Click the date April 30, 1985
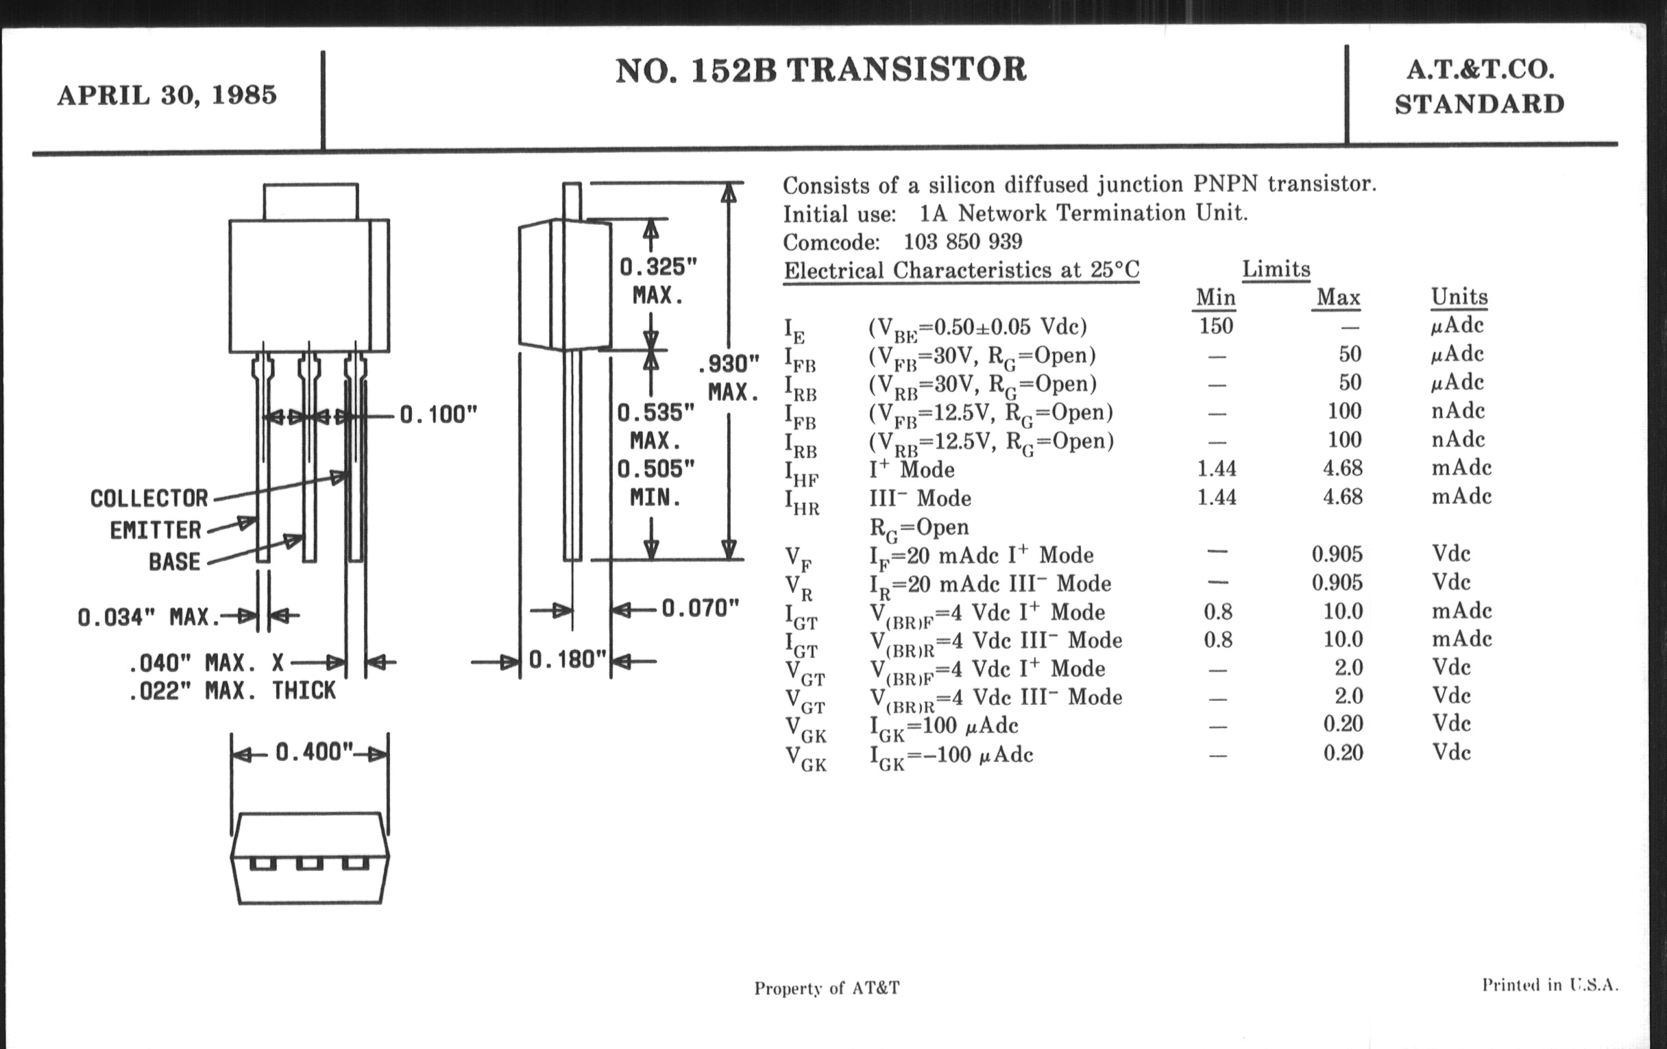167,95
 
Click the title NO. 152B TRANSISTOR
820,71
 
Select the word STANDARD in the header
1479,104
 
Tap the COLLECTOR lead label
149,498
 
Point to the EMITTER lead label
156,531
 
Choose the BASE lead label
175,562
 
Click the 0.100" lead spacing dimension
439,415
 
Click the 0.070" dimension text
701,609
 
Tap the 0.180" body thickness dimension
568,660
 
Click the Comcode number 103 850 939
962,241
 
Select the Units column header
1459,297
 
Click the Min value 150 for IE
1216,326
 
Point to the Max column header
1337,298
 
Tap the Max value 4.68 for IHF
1342,469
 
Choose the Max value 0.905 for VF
1337,555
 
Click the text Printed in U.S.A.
1550,985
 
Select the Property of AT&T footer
827,988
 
